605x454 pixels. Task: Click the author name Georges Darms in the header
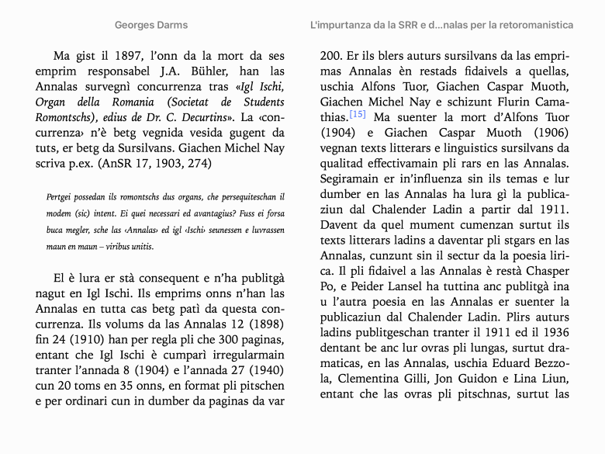tap(151, 25)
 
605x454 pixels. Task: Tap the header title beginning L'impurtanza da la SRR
tap(441, 25)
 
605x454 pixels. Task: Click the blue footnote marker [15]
tap(358, 115)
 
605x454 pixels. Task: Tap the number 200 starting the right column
tap(331, 56)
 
